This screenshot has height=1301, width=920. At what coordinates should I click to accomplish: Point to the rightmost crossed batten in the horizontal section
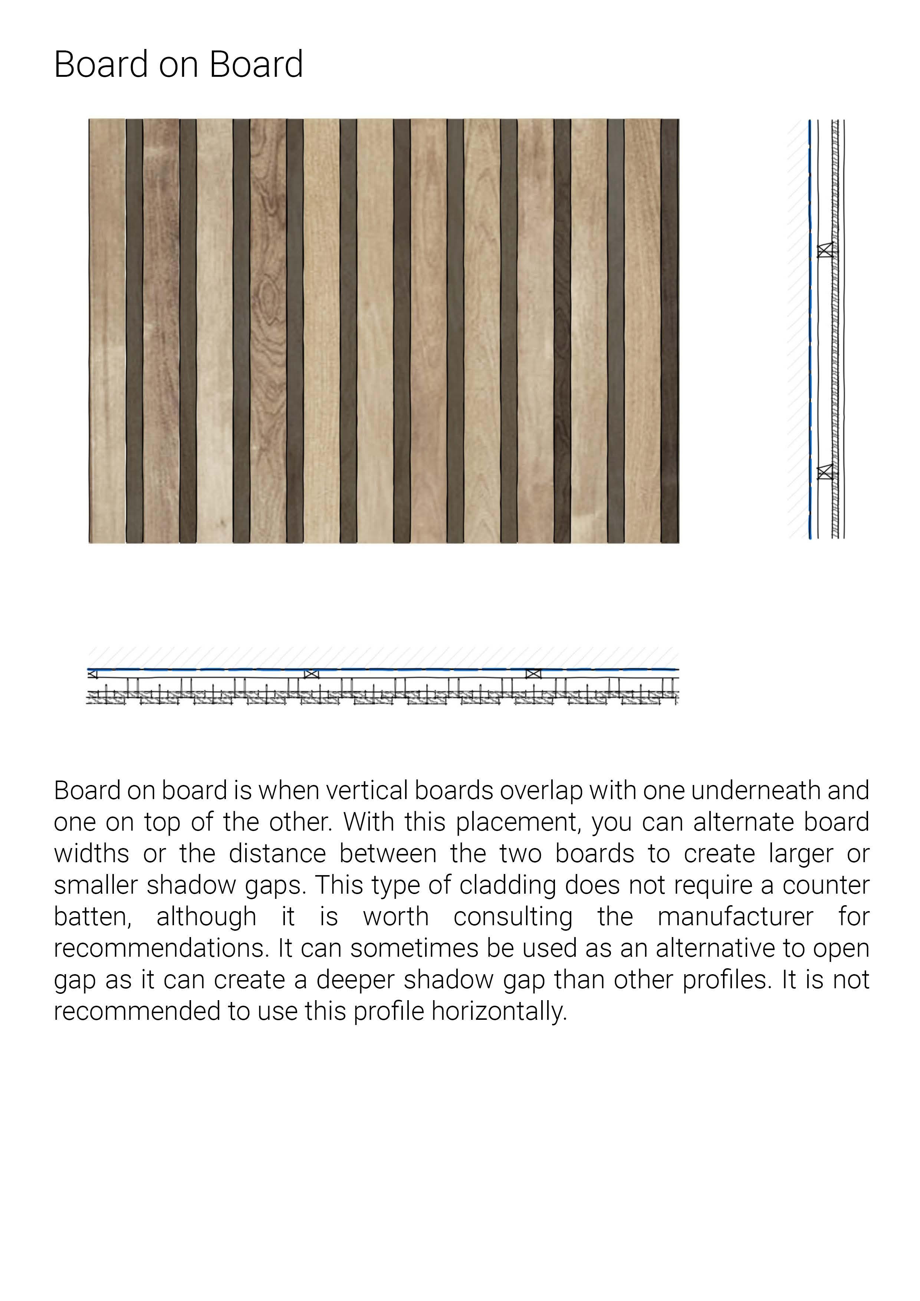click(x=533, y=674)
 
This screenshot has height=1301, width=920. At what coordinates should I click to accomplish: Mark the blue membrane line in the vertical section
click(x=810, y=340)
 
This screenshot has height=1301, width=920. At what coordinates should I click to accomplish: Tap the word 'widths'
click(x=91, y=854)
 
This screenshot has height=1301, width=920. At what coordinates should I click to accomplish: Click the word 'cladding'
click(x=507, y=886)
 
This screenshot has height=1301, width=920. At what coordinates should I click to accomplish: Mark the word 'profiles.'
click(x=727, y=980)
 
